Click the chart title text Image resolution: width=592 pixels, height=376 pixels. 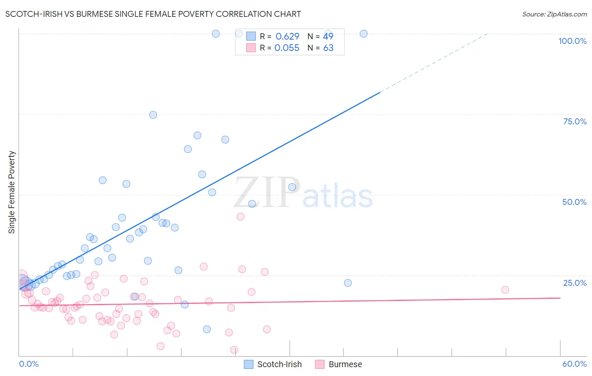pos(153,14)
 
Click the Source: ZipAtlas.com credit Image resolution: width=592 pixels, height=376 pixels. pos(554,14)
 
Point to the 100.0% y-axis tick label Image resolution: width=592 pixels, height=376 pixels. pos(572,41)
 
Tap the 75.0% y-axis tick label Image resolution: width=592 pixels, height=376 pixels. pos(575,121)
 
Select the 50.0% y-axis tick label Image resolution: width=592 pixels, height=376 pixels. pos(574,202)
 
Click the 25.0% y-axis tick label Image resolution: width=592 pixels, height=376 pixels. pos(575,283)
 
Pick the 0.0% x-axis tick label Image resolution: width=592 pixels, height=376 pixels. pos(29,364)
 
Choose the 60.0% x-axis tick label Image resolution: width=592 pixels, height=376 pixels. pos(574,364)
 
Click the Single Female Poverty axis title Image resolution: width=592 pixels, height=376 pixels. pos(12,192)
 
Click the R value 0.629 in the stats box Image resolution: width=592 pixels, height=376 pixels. pos(287,36)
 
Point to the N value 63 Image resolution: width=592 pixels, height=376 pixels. pos(328,48)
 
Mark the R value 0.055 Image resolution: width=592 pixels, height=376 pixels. pos(287,48)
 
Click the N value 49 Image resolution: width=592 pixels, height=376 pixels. pos(328,36)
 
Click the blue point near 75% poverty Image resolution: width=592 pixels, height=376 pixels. pos(153,115)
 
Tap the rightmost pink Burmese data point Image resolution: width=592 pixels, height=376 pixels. pos(505,290)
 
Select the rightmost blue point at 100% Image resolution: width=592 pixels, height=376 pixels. pos(364,34)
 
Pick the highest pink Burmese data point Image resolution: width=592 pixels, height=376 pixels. pos(240,217)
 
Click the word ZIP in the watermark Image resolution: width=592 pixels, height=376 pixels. pos(266,193)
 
